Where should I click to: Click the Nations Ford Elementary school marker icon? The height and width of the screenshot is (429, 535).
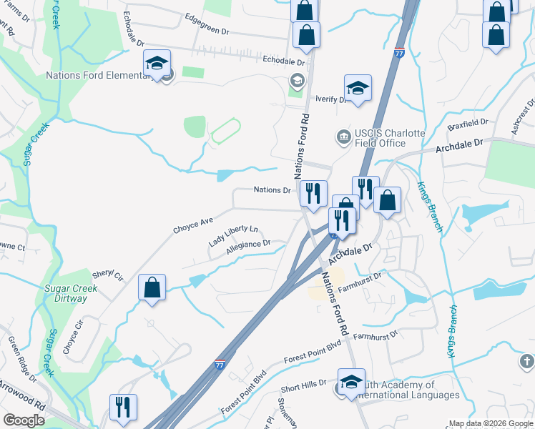point(157,63)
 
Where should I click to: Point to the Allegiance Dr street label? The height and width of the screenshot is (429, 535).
point(247,247)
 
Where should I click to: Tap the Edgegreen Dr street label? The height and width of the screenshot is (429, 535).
point(206,32)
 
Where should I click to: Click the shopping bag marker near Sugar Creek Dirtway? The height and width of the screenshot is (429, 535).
point(152,287)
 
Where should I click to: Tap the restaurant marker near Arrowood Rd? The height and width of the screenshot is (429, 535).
point(123,408)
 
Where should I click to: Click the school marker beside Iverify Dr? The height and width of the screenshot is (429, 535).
point(358,88)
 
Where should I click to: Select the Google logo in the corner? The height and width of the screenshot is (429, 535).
point(24,420)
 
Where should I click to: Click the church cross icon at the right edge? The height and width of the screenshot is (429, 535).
point(528,361)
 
